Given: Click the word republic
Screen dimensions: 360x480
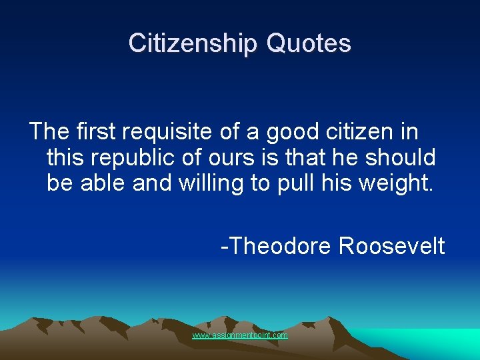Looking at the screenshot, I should pyautogui.click(x=127, y=157).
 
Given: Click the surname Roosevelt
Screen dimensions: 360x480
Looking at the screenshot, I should pyautogui.click(x=392, y=246).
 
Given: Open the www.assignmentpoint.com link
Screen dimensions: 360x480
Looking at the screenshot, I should pyautogui.click(x=240, y=335).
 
